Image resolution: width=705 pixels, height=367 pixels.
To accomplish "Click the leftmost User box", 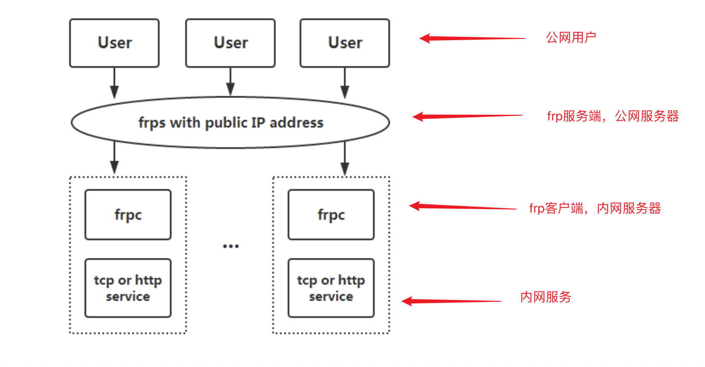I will tap(114, 43).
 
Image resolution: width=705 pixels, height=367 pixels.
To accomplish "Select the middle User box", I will tap(230, 43).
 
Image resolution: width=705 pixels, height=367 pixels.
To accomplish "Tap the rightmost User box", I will tap(345, 43).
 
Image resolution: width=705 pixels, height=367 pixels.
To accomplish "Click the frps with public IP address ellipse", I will tap(230, 122).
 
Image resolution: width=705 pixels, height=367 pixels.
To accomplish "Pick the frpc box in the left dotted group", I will tap(128, 215).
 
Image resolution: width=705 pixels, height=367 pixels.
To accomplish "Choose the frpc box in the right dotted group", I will tap(331, 215).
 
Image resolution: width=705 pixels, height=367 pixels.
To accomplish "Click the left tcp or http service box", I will tap(128, 288).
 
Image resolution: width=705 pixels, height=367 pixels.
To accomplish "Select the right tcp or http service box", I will tap(331, 288).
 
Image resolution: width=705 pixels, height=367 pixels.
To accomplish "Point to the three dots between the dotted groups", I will tap(231, 246).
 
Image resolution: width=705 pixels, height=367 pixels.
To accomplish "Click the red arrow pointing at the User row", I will tap(472, 38).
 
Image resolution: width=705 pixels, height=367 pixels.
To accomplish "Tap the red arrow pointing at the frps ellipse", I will tap(467, 116).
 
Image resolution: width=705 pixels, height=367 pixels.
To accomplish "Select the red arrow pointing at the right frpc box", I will tap(463, 207).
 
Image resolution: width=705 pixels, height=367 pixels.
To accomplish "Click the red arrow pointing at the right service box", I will tap(452, 301).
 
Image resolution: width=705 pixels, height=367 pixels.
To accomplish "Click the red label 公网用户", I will tap(571, 38).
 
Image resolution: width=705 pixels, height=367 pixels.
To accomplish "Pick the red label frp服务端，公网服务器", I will tap(613, 116).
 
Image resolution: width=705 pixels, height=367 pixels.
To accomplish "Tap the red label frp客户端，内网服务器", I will tap(595, 208).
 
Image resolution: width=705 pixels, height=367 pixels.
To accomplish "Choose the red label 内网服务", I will tap(545, 297).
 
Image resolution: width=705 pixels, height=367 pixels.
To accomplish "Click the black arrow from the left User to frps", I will tap(114, 83).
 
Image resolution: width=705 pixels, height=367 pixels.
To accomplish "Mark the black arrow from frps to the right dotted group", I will tap(345, 159).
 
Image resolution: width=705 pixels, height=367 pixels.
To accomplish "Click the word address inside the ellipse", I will tap(297, 123).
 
